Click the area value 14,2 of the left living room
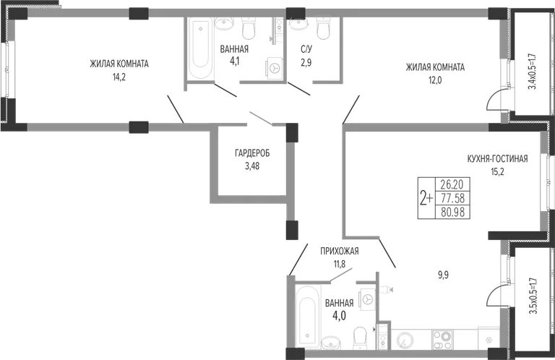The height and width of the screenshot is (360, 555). [119, 77]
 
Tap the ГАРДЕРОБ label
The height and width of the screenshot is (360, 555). [252, 153]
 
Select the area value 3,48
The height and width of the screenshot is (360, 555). [252, 166]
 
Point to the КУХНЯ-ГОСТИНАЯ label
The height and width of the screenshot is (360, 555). [497, 158]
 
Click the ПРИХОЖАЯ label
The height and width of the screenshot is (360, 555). [340, 251]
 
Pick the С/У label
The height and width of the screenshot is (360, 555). [306, 50]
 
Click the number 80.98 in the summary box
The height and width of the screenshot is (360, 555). [452, 212]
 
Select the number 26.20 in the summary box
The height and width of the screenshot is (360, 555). [452, 184]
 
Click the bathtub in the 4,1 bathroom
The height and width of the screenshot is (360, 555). [201, 48]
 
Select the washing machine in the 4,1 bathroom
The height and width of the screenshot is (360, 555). [275, 67]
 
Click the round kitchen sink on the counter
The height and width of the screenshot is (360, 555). [403, 340]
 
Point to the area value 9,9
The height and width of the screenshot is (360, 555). [443, 275]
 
